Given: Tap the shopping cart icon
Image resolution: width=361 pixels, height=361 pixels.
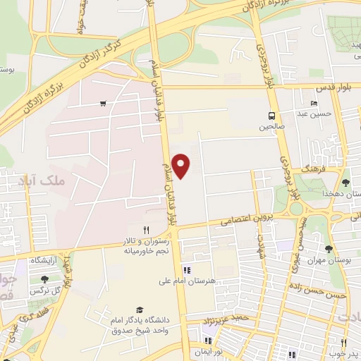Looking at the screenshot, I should pyautogui.click(x=103, y=104).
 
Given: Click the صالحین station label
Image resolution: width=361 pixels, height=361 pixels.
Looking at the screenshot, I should pyautogui.click(x=271, y=128).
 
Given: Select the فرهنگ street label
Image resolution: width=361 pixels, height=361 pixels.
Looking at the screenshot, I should pyautogui.click(x=311, y=171).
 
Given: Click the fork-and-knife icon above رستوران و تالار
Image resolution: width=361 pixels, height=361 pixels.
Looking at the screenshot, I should pyautogui.click(x=147, y=229).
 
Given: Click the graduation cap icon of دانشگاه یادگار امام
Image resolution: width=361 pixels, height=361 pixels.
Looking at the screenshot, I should pyautogui.click(x=139, y=310).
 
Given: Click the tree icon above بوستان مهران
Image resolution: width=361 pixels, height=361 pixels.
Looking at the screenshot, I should pyautogui.click(x=329, y=248).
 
